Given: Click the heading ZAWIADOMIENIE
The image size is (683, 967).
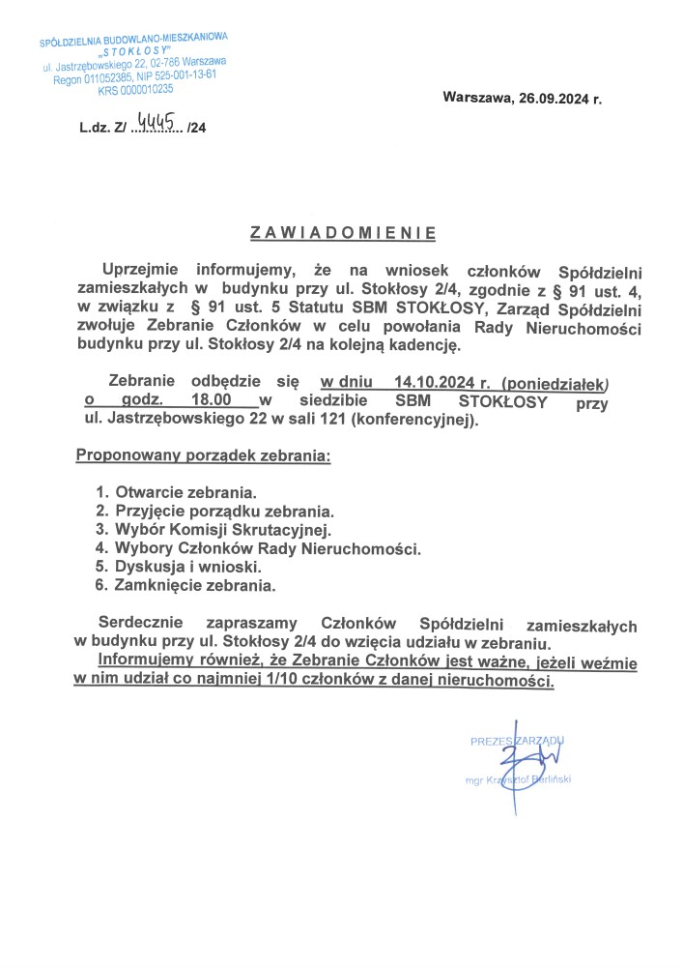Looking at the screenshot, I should coord(343,233).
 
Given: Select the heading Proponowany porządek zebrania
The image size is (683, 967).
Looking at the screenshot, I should coord(203,454).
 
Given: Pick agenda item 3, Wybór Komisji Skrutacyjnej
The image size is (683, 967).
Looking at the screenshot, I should coord(222,530).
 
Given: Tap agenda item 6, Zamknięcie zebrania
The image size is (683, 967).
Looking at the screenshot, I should coord(194,586).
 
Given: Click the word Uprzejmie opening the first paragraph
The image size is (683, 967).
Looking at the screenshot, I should coord(143,270).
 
